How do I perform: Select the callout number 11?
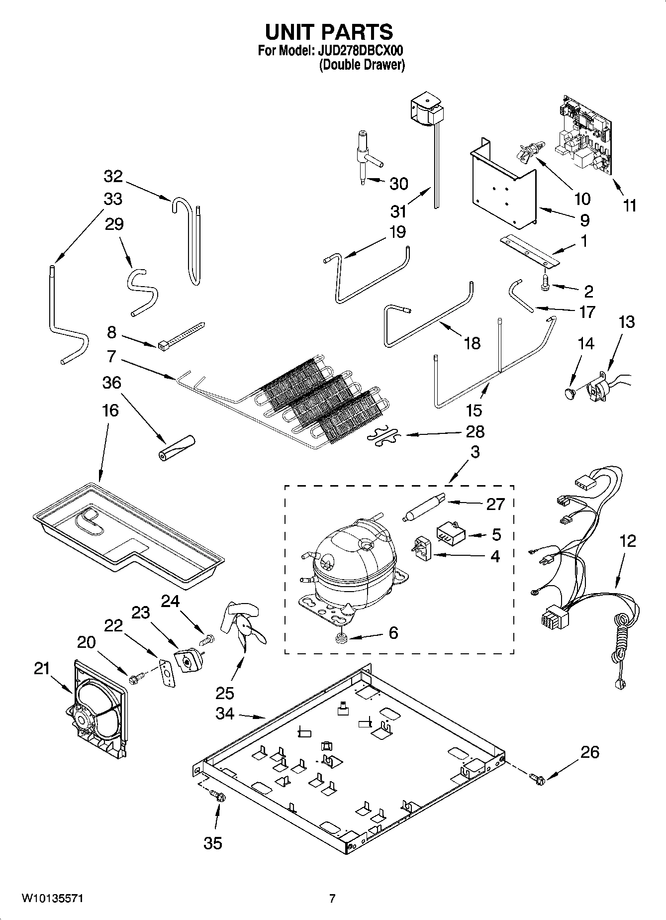[x=629, y=205]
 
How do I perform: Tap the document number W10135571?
[x=52, y=899]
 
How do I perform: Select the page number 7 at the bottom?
[x=332, y=899]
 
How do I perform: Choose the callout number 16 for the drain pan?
[x=110, y=410]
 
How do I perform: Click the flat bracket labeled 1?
[x=530, y=251]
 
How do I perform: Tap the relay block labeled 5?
[x=451, y=534]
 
